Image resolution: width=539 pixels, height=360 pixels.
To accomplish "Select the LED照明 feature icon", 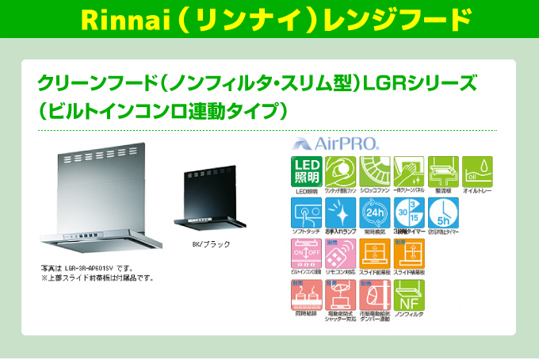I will [x=306, y=172].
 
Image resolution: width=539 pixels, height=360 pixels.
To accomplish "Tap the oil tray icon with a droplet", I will [x=477, y=170].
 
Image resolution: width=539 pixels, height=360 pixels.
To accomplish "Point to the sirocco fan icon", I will [x=375, y=170].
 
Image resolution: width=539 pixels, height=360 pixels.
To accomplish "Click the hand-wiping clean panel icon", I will [x=409, y=170].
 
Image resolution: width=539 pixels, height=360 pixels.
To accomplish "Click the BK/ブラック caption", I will [x=212, y=245].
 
